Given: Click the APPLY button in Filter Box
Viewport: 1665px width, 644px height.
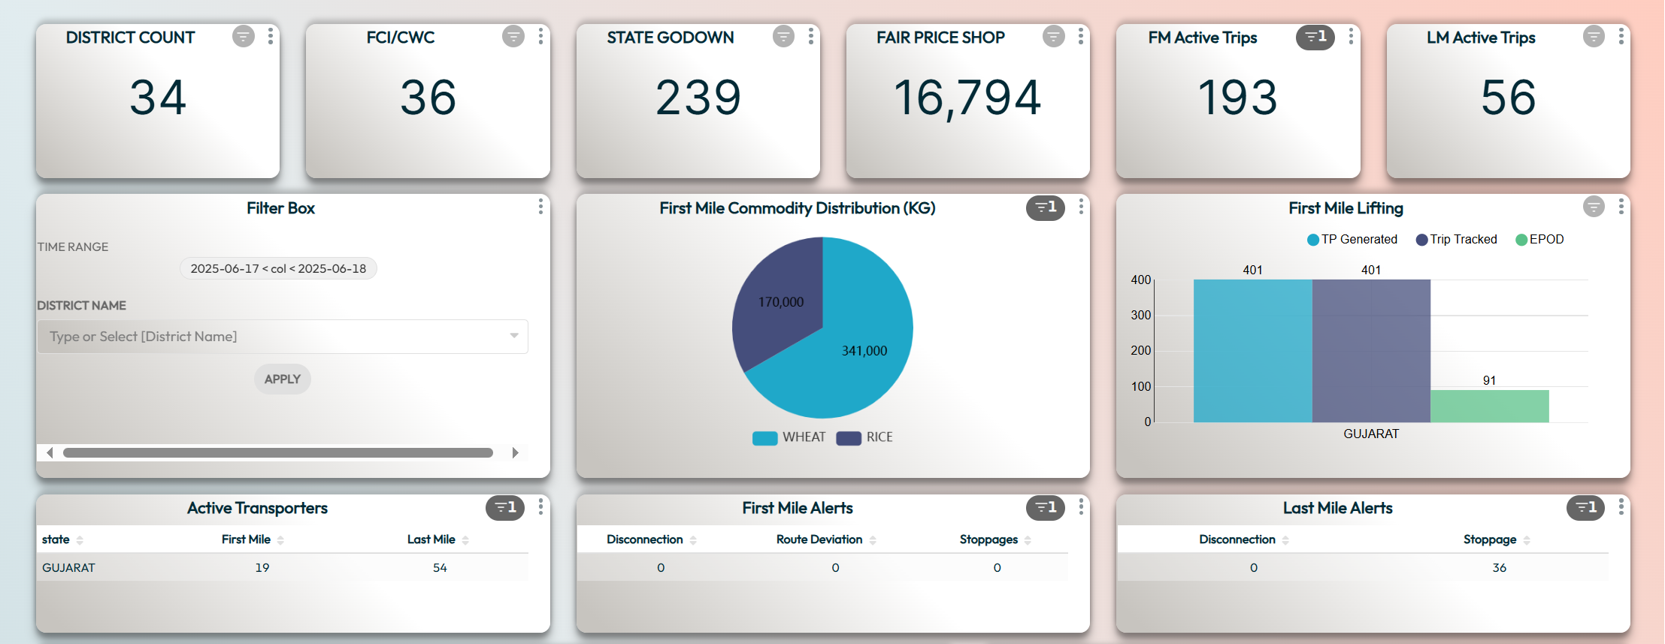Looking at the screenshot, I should (282, 379).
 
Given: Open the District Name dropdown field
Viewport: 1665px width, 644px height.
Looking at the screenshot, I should (283, 337).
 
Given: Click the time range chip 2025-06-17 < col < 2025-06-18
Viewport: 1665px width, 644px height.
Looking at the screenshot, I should (278, 268).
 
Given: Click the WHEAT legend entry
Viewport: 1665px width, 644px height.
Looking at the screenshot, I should (789, 437).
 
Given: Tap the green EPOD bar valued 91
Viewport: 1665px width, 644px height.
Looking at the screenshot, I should (1489, 406).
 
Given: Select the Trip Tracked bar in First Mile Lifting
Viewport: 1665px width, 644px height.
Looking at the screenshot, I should (1371, 350).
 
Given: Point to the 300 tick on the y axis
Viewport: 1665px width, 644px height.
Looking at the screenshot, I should (1140, 315).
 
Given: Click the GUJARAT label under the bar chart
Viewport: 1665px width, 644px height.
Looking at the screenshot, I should (1371, 434).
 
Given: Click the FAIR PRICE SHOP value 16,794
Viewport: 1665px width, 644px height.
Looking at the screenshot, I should (967, 98).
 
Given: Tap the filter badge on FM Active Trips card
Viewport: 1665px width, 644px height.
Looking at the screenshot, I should (1315, 37).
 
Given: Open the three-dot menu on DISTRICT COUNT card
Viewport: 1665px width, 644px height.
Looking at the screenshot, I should (271, 36).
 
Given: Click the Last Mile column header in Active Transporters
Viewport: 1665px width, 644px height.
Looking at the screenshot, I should (431, 540).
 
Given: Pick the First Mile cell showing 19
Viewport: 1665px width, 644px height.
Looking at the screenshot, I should (262, 567).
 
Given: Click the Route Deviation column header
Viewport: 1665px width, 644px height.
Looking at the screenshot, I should (819, 540).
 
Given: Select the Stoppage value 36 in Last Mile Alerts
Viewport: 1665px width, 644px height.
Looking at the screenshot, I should (1499, 567).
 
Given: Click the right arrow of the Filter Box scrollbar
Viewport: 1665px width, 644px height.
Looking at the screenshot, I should (515, 452).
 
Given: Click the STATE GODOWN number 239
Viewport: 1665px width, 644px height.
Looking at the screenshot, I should (698, 98).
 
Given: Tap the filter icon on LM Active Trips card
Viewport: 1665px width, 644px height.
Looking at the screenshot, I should (1593, 36).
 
